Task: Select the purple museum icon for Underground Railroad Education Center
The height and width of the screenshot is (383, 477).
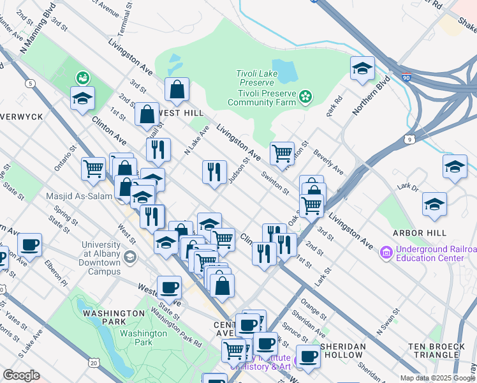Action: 386,253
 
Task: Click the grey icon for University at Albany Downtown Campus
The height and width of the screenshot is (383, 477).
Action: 130,257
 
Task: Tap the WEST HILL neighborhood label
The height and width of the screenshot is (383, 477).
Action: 180,113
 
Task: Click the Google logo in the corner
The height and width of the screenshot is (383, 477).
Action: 21,375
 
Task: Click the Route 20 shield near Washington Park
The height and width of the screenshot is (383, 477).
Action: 94,363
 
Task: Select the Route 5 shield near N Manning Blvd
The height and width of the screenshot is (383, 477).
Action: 30,84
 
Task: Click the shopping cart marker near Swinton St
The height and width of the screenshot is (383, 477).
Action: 282,153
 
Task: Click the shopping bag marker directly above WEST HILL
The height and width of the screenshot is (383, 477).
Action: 177,90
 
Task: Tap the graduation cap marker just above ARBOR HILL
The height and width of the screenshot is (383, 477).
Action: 434,204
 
